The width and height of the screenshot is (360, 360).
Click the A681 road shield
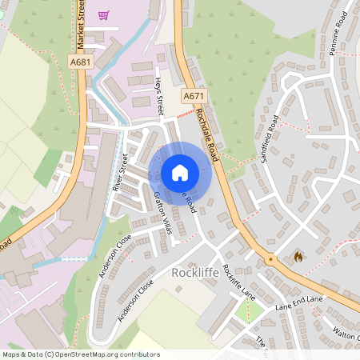[x=78, y=62]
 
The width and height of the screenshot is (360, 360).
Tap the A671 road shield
[x=191, y=96]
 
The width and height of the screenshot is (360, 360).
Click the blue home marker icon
[x=180, y=172]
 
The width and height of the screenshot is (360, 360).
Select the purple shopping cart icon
[x=103, y=14]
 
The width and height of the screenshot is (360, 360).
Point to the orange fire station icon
[x=299, y=257]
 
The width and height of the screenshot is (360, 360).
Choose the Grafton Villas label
[x=162, y=214]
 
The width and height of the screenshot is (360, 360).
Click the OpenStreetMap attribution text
[x=81, y=354]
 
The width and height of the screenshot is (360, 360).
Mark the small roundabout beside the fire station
[x=271, y=260]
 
